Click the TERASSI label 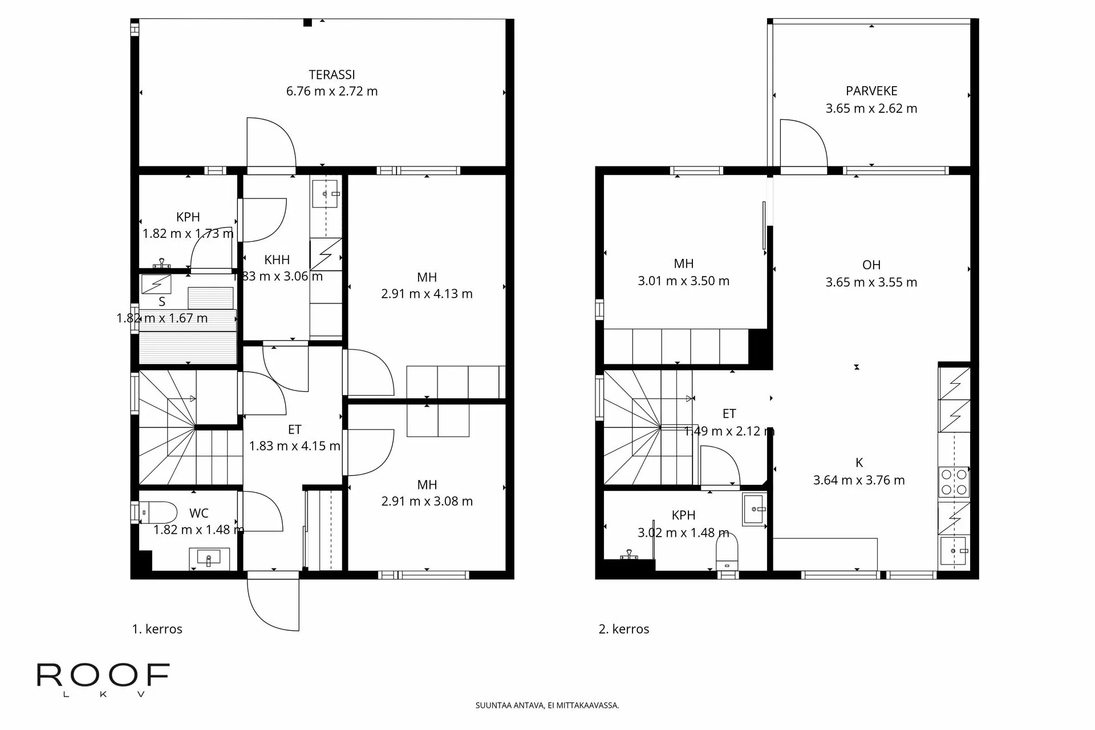(332, 75)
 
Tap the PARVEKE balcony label (871, 91)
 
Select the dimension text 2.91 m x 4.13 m (427, 294)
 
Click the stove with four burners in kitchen (954, 481)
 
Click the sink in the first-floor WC (209, 556)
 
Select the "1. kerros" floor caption (157, 629)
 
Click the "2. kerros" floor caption (624, 629)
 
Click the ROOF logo (103, 677)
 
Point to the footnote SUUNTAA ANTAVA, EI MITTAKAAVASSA (547, 705)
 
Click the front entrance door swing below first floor (273, 605)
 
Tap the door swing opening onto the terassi (271, 143)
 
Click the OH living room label (871, 265)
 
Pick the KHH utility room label (277, 260)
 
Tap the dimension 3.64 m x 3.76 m (859, 480)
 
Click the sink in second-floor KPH (755, 507)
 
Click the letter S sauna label (162, 302)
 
